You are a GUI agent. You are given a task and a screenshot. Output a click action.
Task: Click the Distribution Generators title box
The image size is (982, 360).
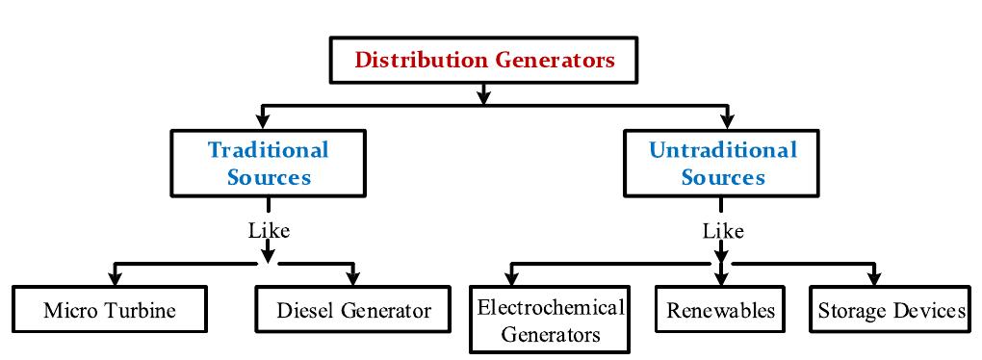coord(484,60)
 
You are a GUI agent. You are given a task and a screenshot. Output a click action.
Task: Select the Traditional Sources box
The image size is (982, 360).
coord(269,164)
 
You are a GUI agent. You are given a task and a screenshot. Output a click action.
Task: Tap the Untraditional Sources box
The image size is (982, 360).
coord(723,164)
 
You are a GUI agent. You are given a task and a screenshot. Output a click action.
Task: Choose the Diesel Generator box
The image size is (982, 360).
coord(353,310)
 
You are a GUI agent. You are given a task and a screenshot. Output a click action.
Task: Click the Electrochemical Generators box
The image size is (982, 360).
coord(550,321)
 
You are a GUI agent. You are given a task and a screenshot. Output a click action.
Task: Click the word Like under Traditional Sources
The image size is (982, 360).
coord(269,231)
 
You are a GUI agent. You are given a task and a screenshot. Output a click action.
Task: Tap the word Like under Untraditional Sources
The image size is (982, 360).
coord(723,231)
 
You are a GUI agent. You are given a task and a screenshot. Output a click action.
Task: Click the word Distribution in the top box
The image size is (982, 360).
coord(421,60)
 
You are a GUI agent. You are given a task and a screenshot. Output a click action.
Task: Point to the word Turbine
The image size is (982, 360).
coord(145,311)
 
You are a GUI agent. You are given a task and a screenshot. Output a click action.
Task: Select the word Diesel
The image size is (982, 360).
coord(304,311)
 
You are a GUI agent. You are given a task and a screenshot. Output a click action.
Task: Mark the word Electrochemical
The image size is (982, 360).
coord(551,308)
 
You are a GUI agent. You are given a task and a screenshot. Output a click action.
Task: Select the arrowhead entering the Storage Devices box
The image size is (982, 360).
coord(874,278)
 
